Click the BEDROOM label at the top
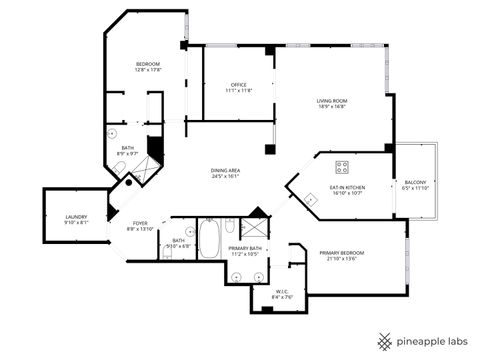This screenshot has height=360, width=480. (x=148, y=64)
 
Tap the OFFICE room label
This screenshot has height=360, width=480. (x=238, y=84)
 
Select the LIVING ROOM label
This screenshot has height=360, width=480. (x=332, y=100)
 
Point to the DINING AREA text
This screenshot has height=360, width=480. (x=224, y=171)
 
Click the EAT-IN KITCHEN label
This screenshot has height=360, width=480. (x=347, y=187)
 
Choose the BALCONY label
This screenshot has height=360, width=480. (x=414, y=182)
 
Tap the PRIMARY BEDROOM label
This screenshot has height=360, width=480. (x=342, y=253)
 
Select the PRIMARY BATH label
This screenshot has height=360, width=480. (x=245, y=248)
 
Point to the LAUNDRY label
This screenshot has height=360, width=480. (x=77, y=216)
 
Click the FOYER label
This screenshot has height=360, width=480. (x=140, y=223)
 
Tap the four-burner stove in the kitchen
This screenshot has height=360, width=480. (x=342, y=167)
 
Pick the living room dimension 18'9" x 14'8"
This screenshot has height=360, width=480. (x=332, y=106)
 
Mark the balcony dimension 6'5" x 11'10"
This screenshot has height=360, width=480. (x=414, y=188)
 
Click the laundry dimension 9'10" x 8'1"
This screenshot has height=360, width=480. (x=77, y=222)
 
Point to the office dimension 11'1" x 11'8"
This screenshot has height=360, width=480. (x=238, y=90)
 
